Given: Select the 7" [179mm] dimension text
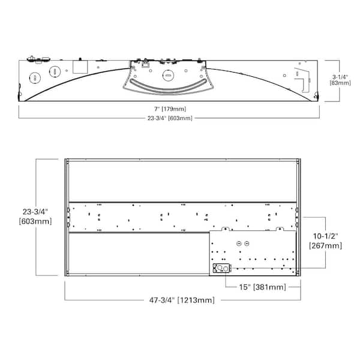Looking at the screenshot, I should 169,109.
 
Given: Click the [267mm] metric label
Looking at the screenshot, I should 325,245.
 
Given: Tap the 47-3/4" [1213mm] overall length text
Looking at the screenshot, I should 182,299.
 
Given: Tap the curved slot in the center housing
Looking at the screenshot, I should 169,89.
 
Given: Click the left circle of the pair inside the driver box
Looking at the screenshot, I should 239,243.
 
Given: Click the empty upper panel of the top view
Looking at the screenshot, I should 182,181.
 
